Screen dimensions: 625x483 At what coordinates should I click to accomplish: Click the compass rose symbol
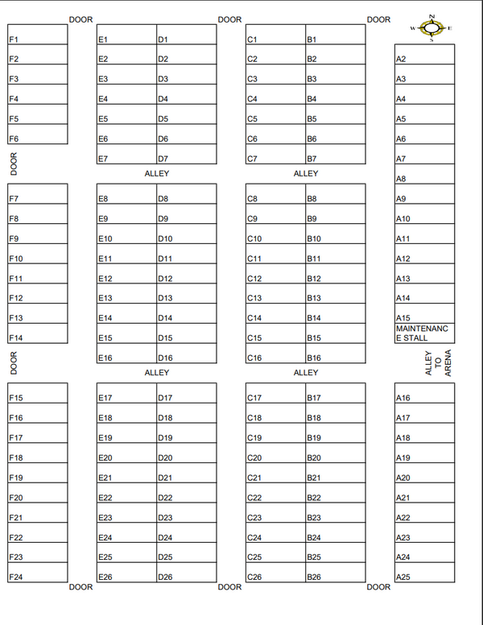pyautogui.click(x=432, y=28)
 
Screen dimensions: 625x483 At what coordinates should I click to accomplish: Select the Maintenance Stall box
pyautogui.click(x=424, y=333)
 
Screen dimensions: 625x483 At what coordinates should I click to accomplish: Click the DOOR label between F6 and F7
pyautogui.click(x=14, y=163)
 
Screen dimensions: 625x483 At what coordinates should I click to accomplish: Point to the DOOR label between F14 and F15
pyautogui.click(x=14, y=362)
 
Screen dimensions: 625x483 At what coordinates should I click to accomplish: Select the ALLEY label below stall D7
pyautogui.click(x=157, y=173)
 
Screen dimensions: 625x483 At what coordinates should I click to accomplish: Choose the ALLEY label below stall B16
pyautogui.click(x=306, y=372)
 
